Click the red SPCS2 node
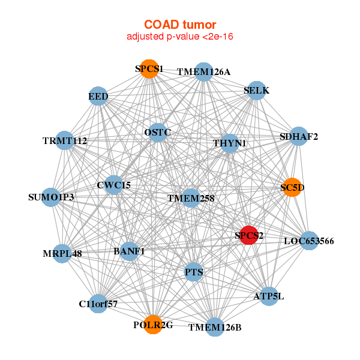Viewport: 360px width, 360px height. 248,235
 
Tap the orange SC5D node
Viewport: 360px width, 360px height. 292,187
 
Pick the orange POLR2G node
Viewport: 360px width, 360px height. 153,325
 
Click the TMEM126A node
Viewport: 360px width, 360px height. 204,72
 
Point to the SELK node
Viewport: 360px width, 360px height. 257,91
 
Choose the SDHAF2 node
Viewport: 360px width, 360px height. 299,137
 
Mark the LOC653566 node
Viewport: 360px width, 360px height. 308,241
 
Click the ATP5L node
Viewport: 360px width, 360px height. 269,296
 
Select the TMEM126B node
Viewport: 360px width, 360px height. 215,327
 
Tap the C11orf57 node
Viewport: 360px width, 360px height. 98,304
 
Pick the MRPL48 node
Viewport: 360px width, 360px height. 62,253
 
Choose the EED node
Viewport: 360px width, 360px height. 98,96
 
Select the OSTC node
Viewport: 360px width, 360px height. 158,132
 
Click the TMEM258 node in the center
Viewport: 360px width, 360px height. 191,197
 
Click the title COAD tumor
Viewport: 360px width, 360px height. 179,25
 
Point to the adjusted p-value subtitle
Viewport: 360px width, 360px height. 179,37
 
